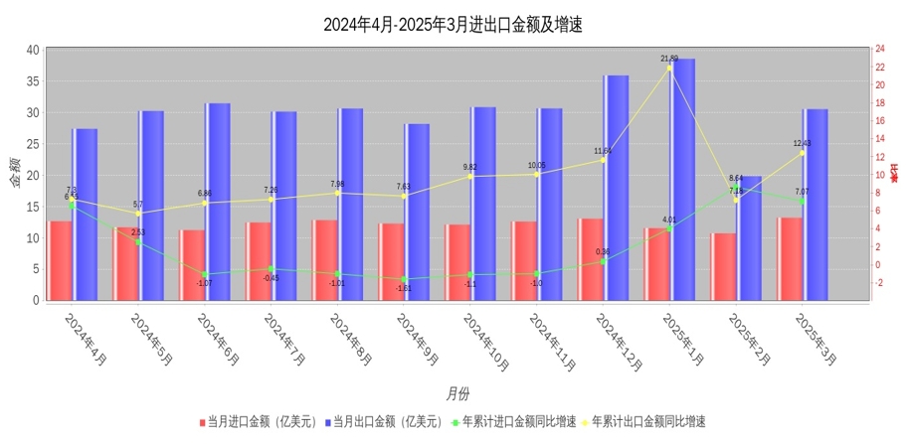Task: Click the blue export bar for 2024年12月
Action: pyautogui.click(x=616, y=188)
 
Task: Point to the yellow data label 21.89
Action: pyautogui.click(x=669, y=59)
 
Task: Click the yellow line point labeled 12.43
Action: pyautogui.click(x=802, y=152)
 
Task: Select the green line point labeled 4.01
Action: pyautogui.click(x=669, y=228)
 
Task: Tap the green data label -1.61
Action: pyautogui.click(x=404, y=288)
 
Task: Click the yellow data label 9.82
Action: pyautogui.click(x=470, y=167)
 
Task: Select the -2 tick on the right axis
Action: pyautogui.click(x=879, y=282)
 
